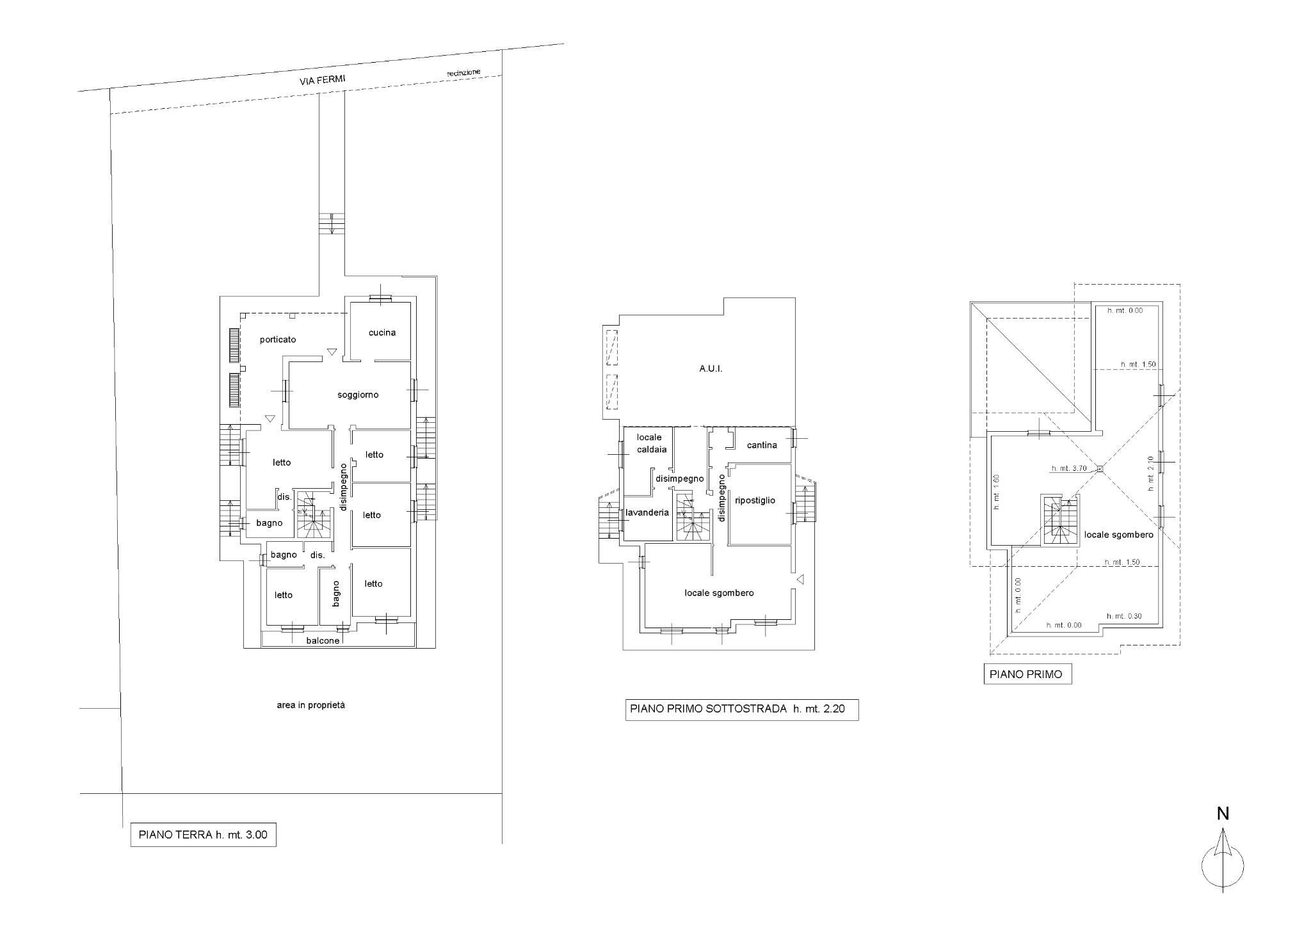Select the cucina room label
(x=382, y=333)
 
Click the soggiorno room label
(x=358, y=395)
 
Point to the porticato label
(x=278, y=340)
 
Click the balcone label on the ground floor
(x=323, y=640)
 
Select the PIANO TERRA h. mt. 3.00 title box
(x=203, y=835)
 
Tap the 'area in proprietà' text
(x=310, y=705)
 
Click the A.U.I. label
(x=711, y=369)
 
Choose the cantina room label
(x=762, y=445)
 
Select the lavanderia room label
(x=647, y=512)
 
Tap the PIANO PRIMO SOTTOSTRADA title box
(x=742, y=709)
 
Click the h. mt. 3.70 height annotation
(x=1069, y=468)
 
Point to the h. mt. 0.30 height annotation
(x=1124, y=617)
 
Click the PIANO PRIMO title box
(x=1027, y=674)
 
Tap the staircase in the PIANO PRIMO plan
(x=1059, y=520)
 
